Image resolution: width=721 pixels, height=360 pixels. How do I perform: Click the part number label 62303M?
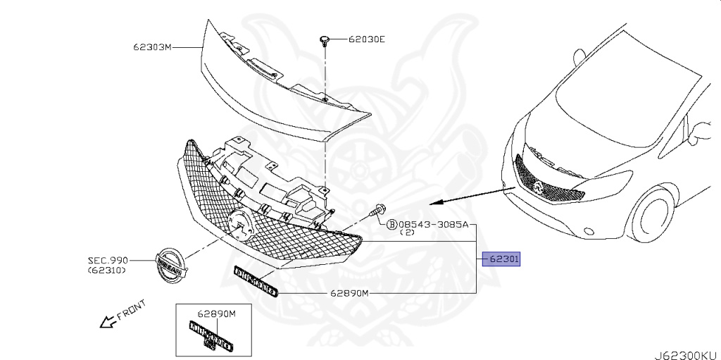coord(153,48)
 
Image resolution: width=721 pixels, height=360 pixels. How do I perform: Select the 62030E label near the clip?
coord(367,39)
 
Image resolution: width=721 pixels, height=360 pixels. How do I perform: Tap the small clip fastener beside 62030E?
coord(325,39)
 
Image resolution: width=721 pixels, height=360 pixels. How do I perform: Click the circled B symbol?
coord(391,225)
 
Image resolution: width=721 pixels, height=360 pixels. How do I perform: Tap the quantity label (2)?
coord(407,233)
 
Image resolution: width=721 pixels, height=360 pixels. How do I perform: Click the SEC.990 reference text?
coord(108,261)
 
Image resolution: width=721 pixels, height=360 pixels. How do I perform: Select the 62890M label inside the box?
coord(216,314)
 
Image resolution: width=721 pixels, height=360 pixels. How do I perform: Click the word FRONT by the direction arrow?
coord(132,311)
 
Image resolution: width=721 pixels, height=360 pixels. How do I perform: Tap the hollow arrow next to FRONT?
coord(108,322)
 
